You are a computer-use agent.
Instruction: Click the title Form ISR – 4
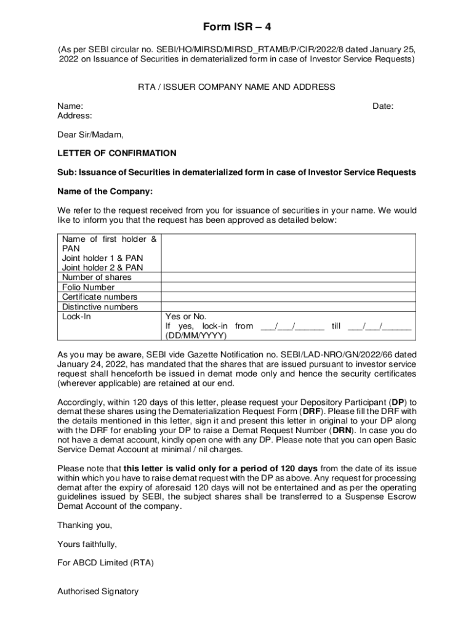click(x=237, y=27)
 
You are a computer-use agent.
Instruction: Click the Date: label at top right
click(x=383, y=106)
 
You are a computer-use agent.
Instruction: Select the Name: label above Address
click(x=70, y=106)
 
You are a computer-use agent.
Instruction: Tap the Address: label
click(x=74, y=116)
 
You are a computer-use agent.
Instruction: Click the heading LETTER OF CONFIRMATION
click(x=117, y=153)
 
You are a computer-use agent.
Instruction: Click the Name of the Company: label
click(x=105, y=191)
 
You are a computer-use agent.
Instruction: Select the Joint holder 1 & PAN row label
click(x=102, y=258)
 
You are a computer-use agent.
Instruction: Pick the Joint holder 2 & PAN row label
click(x=102, y=268)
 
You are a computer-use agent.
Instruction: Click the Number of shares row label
click(x=97, y=277)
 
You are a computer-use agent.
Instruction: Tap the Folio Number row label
click(x=88, y=287)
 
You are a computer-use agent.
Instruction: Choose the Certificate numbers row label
click(x=100, y=297)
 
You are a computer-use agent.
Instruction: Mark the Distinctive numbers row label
click(x=100, y=307)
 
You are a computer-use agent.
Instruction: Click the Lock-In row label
click(x=76, y=316)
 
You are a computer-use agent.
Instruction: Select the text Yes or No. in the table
click(x=186, y=316)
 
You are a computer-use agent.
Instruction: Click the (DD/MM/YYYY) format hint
click(x=196, y=336)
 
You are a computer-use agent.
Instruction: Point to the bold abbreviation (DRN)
click(x=343, y=431)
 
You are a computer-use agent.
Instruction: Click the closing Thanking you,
click(x=85, y=525)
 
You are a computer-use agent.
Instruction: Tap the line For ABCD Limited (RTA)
click(x=105, y=563)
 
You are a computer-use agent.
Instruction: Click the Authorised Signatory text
click(x=98, y=591)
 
